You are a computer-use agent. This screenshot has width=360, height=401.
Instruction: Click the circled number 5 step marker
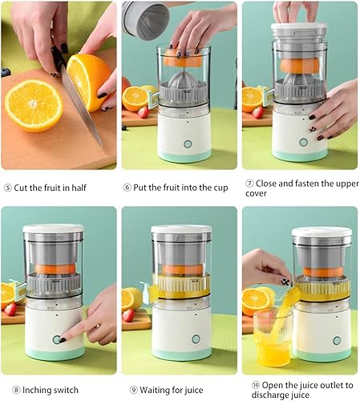point(7,188)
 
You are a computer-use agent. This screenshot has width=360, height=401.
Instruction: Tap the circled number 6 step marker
point(127,188)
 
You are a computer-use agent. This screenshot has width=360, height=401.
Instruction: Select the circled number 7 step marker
point(249,184)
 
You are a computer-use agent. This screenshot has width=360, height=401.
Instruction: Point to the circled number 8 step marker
point(16,390)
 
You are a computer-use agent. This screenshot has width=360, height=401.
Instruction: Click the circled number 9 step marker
point(134,390)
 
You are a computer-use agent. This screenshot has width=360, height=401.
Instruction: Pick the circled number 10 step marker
point(256,385)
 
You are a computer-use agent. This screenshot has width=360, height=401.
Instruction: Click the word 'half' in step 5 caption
point(79,188)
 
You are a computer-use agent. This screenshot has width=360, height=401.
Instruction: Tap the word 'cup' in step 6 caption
point(220,188)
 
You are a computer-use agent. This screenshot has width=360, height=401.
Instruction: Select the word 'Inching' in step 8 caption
point(36,391)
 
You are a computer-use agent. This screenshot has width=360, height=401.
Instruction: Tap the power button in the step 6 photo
point(188,144)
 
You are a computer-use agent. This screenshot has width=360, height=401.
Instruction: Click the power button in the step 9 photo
point(196,339)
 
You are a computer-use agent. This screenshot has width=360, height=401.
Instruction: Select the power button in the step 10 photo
point(337,341)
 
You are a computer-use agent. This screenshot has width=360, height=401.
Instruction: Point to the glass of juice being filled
point(273,337)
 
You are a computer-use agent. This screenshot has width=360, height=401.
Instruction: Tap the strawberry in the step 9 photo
point(128,315)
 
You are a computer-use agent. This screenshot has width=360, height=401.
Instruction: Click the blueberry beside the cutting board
point(6,72)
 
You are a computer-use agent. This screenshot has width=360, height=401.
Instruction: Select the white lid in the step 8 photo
point(53,229)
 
